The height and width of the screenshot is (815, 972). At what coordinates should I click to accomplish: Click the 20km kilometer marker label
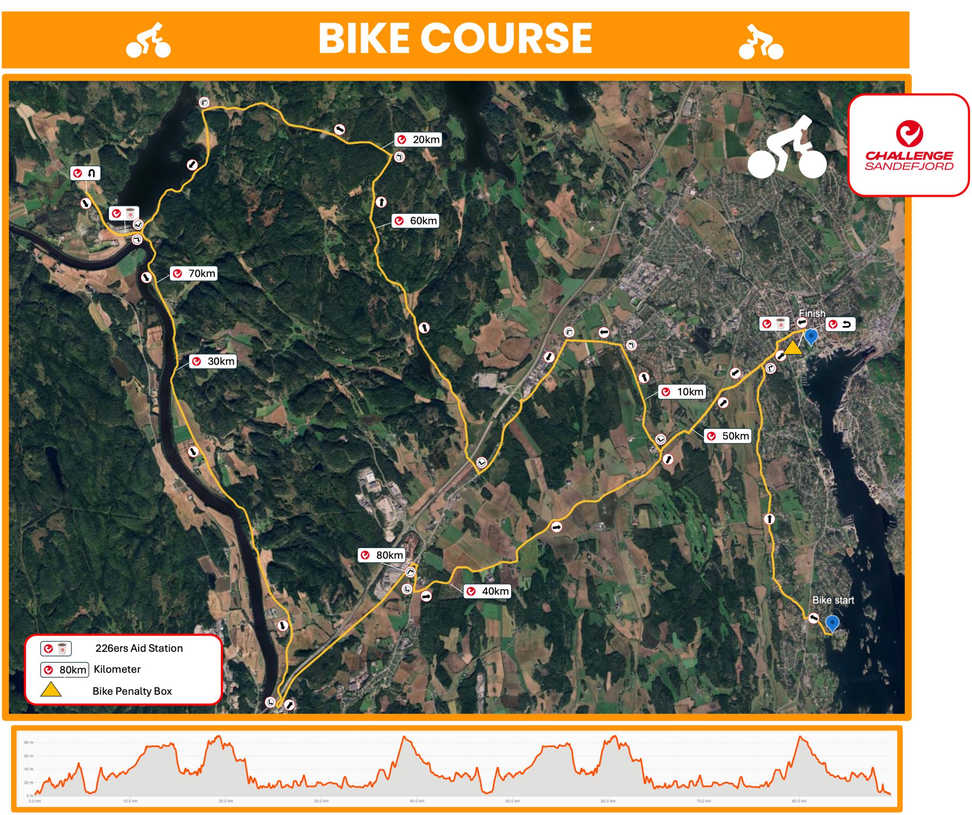(418, 140)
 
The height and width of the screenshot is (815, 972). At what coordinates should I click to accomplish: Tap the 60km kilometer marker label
(415, 221)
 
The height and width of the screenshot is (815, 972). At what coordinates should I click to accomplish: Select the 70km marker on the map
(194, 273)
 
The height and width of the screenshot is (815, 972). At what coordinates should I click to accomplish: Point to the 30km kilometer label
(213, 361)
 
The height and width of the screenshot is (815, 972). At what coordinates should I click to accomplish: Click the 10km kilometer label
(682, 392)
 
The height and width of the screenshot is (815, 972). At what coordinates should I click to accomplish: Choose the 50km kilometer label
(728, 436)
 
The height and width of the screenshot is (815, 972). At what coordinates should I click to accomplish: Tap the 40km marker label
(487, 591)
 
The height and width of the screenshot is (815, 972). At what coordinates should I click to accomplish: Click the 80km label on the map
(382, 555)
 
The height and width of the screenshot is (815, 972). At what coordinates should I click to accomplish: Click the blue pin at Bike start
(832, 622)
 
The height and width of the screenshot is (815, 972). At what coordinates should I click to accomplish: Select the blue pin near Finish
(811, 336)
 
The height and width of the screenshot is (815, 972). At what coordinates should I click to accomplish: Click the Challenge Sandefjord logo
(908, 145)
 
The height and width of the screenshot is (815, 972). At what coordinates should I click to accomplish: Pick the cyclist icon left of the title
(148, 41)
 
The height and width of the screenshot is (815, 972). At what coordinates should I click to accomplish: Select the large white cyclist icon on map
(787, 148)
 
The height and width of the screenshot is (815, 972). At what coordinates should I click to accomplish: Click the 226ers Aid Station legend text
(139, 648)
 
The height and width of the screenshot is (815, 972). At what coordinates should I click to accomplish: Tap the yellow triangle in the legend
(51, 690)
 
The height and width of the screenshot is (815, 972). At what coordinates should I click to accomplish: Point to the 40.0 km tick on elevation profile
(417, 801)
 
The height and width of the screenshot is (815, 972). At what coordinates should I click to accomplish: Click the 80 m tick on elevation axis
(28, 742)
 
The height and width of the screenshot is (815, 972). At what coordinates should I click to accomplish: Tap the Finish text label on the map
(812, 313)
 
